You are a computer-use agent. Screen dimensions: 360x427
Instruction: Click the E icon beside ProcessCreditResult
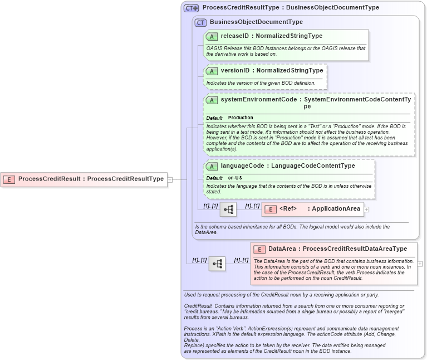click(x=9, y=179)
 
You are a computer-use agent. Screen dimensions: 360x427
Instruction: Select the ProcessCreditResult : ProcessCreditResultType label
click(x=91, y=179)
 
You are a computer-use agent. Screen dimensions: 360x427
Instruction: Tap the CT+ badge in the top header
click(x=192, y=8)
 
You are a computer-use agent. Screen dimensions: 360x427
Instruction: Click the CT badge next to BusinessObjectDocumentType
click(x=200, y=22)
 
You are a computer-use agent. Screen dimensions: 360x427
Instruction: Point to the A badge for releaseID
click(x=212, y=36)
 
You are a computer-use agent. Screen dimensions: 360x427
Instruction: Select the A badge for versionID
click(x=212, y=71)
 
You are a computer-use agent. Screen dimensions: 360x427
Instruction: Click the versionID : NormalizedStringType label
click(x=272, y=71)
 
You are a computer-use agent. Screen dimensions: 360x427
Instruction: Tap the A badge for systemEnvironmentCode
click(x=212, y=100)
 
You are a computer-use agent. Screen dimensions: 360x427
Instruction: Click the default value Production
click(x=241, y=118)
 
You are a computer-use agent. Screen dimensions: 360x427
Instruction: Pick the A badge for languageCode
click(x=212, y=166)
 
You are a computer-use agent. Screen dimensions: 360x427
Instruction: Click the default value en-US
click(x=235, y=178)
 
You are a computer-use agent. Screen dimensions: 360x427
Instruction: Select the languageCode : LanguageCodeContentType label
click(x=287, y=166)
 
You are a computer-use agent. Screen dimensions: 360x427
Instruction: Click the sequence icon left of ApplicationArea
click(x=228, y=210)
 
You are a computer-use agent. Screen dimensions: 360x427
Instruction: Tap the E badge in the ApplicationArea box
click(x=270, y=210)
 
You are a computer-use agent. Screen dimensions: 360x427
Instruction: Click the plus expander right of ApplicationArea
click(x=366, y=210)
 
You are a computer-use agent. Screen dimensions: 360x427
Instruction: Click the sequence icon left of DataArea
click(x=217, y=264)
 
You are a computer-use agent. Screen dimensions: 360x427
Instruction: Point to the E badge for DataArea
click(x=259, y=249)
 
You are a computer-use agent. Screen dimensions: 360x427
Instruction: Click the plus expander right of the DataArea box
click(x=420, y=264)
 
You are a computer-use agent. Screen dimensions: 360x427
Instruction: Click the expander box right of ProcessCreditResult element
click(x=170, y=179)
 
